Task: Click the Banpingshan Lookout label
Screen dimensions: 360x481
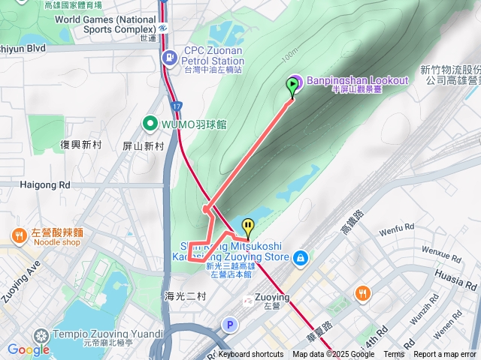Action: [357, 80]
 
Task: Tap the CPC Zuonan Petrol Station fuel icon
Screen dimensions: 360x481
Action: [171, 57]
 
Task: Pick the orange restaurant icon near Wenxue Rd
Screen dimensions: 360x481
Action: [363, 293]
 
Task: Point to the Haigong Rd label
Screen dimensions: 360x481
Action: [45, 184]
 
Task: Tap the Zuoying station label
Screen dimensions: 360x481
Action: [271, 297]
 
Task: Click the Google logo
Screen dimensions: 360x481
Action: [28, 349]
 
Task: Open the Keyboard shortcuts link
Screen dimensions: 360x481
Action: [250, 355]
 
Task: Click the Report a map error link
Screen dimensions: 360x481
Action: [446, 355]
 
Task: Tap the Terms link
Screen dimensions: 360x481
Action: [394, 355]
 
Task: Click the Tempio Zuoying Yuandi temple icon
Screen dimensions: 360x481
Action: [41, 334]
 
